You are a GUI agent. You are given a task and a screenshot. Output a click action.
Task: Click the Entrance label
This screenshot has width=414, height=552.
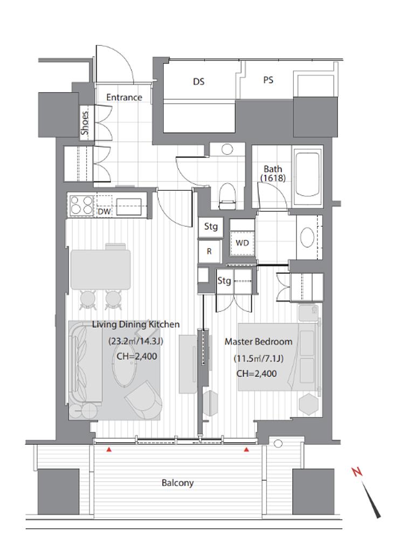click(x=125, y=97)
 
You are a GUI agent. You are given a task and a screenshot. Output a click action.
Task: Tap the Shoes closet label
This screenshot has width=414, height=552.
click(x=85, y=123)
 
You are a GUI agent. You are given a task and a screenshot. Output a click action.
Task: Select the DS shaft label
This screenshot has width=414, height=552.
click(x=198, y=82)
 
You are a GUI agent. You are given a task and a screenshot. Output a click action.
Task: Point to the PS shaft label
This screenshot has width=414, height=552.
click(x=268, y=80)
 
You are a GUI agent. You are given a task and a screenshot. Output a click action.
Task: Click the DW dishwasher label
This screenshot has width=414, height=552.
click(x=104, y=211)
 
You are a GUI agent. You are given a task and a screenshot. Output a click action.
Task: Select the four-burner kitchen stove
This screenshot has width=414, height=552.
click(x=81, y=205)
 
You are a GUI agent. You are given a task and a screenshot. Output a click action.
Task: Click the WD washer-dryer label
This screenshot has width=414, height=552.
click(x=242, y=243)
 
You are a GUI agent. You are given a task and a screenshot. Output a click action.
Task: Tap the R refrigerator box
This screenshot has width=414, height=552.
click(x=210, y=251)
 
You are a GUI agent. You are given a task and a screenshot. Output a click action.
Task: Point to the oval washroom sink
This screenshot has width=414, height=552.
click(x=307, y=238)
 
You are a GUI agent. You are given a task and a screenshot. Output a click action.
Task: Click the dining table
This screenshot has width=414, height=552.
click(x=101, y=269)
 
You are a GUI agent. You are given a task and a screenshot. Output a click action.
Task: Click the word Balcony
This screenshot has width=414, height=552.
click(x=177, y=482)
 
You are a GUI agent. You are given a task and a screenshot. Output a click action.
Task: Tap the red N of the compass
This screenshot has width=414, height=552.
click(x=357, y=472)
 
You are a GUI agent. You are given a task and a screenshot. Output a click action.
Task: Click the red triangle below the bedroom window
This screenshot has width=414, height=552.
click(x=246, y=449)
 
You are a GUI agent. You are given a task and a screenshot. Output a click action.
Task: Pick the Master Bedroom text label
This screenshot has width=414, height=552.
click(x=258, y=341)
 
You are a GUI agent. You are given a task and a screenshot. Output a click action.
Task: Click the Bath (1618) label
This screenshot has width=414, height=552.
click(x=273, y=174)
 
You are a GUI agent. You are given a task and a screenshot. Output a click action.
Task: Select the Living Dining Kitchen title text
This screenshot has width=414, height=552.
click(x=136, y=324)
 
